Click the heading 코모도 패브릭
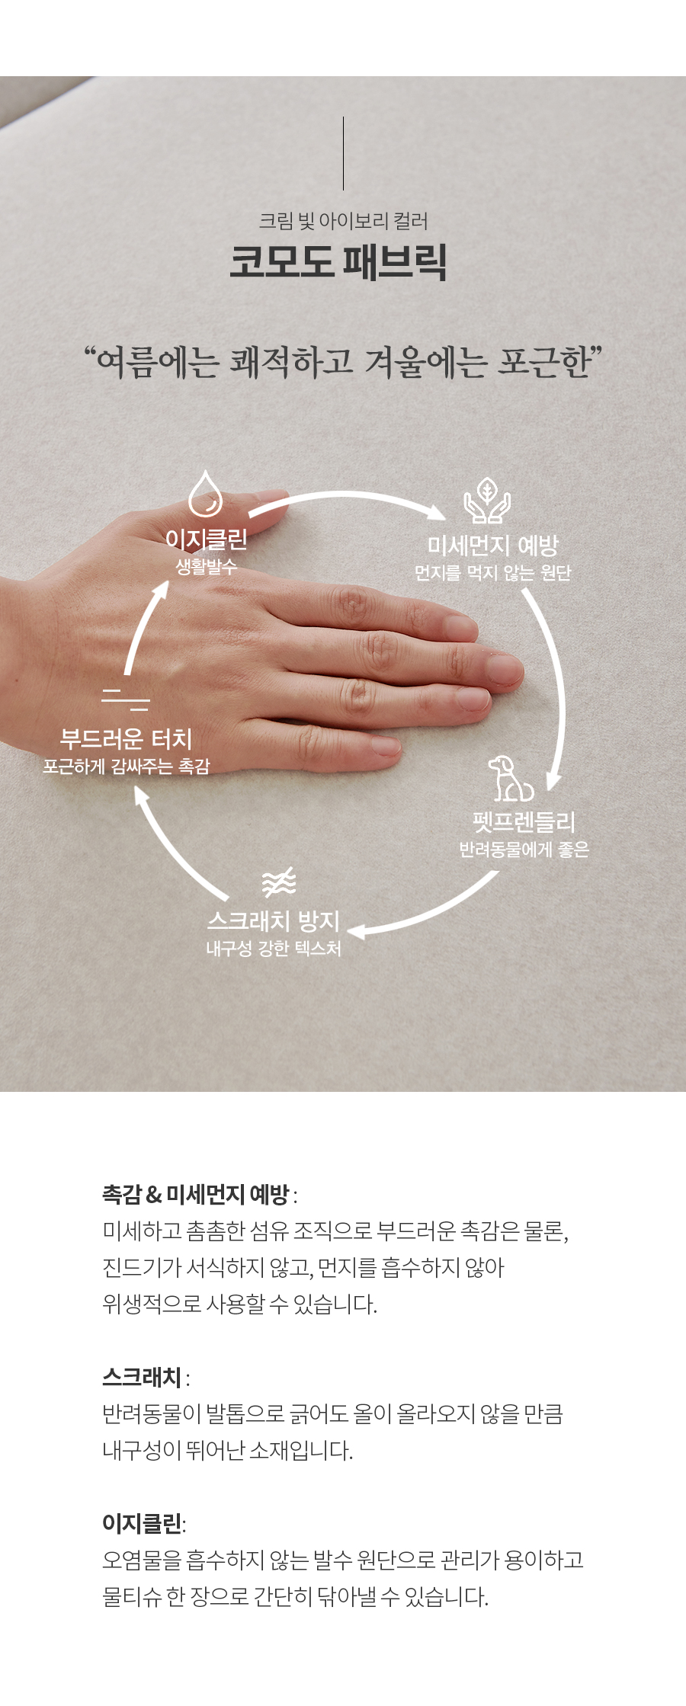338,261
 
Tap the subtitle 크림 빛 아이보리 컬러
343,221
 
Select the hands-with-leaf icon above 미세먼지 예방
487,501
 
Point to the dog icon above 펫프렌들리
510,779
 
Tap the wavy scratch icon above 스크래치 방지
279,882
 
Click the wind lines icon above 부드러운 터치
126,699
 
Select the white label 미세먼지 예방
492,545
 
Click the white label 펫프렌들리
524,821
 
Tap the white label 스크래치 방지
274,920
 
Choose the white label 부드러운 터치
126,738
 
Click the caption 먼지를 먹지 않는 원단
492,572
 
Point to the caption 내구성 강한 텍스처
274,948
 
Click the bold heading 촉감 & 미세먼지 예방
195,1194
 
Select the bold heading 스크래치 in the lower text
142,1377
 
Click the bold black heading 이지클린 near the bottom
142,1523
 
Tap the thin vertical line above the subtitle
343,153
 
